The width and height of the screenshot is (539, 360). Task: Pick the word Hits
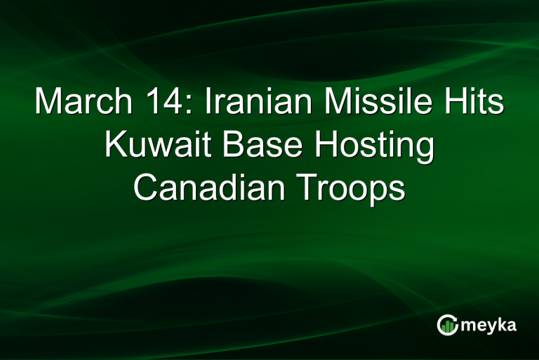477,103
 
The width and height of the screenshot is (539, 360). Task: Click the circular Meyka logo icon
448,324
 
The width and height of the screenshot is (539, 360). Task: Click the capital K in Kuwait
115,147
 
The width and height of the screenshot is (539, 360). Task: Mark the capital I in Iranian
208,103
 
